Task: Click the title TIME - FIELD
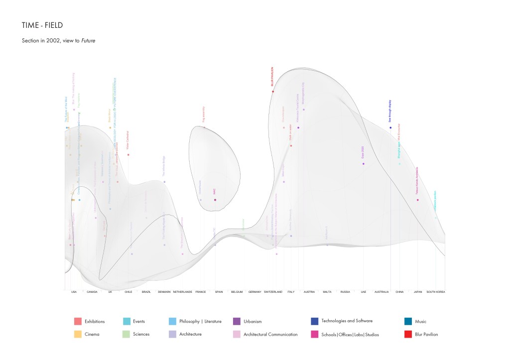tap(42, 25)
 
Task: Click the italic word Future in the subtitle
tap(88, 40)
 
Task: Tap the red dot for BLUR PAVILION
tap(273, 92)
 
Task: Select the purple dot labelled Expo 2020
tap(364, 164)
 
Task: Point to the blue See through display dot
tap(390, 127)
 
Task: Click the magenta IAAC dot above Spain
tap(215, 200)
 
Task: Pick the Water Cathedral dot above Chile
tap(128, 154)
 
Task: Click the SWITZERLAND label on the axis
tap(273, 292)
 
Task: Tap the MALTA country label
tap(327, 292)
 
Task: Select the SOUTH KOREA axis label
tap(436, 292)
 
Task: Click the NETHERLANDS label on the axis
tap(182, 292)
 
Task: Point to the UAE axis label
tap(364, 292)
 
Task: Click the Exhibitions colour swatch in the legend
tap(77, 321)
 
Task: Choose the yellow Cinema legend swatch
tap(77, 334)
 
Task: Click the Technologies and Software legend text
tap(347, 321)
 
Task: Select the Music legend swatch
tap(408, 321)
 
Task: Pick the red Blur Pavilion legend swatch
tap(408, 334)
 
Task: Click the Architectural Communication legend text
tap(270, 334)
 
